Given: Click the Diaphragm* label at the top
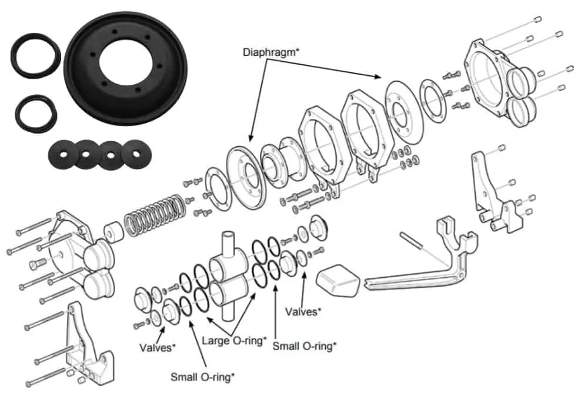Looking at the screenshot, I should click(x=271, y=52).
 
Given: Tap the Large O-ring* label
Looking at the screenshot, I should click(x=234, y=340).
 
